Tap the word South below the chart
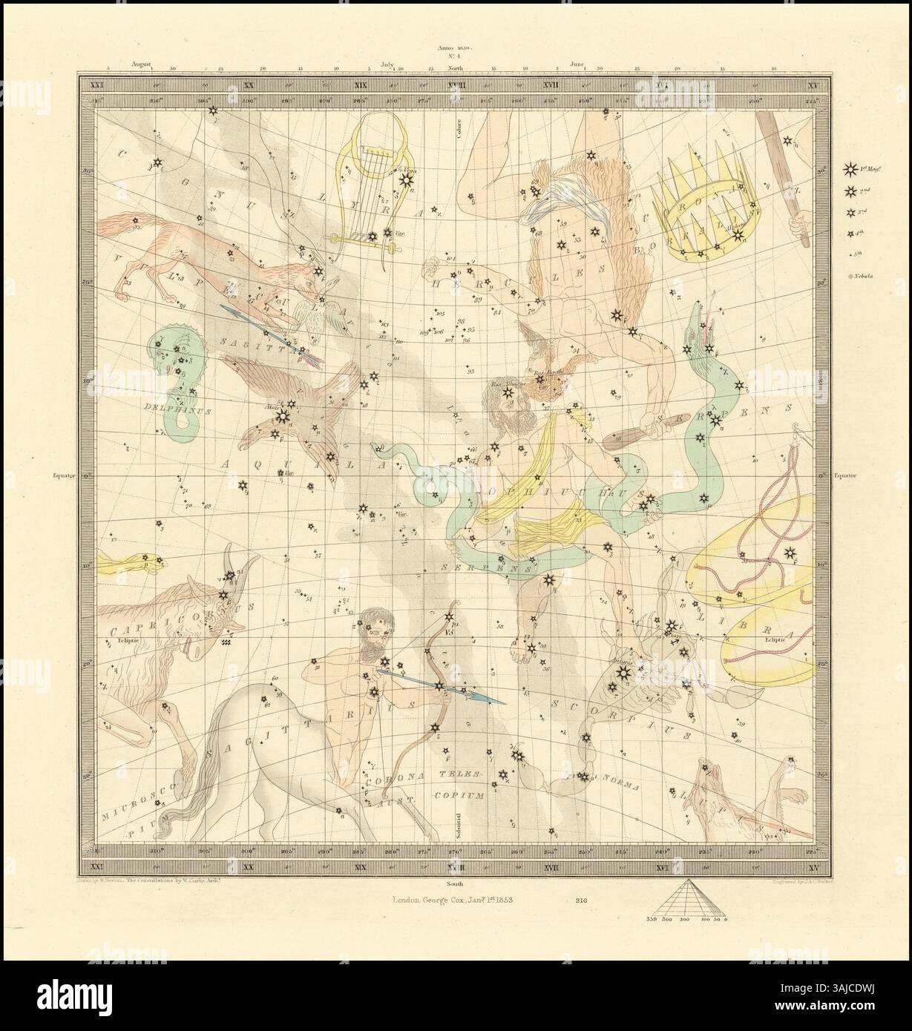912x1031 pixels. (x=456, y=885)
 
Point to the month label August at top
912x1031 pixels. (x=142, y=65)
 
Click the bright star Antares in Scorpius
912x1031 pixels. (x=622, y=672)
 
